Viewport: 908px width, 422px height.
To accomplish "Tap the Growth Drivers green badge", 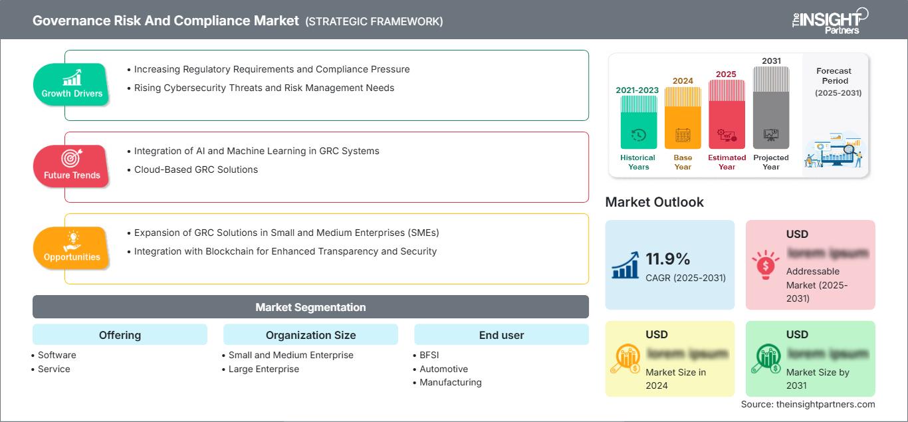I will pyautogui.click(x=72, y=85).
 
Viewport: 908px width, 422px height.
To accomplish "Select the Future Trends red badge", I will pyautogui.click(x=70, y=166).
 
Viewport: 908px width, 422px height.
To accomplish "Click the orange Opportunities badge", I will pyautogui.click(x=71, y=248).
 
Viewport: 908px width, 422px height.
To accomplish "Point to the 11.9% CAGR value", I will pyautogui.click(x=668, y=259).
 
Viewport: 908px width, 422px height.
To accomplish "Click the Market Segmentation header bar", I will pyautogui.click(x=310, y=307).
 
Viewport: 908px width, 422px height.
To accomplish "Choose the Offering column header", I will pyautogui.click(x=120, y=335).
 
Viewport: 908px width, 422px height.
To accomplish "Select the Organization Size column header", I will pyautogui.click(x=310, y=335).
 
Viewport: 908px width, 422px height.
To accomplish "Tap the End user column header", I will pyautogui.click(x=501, y=335).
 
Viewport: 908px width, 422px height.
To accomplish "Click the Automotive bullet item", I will pyautogui.click(x=443, y=369).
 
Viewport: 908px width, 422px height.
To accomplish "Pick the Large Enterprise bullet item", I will pyautogui.click(x=263, y=369).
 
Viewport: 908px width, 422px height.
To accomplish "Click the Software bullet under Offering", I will pyautogui.click(x=57, y=355).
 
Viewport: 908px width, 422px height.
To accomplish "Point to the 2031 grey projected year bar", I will pyautogui.click(x=771, y=110).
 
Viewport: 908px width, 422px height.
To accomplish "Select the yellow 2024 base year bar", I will pyautogui.click(x=683, y=120).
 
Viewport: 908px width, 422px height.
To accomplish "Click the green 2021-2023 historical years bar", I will pyautogui.click(x=638, y=123).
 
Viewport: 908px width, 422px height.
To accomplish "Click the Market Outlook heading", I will pyautogui.click(x=654, y=202).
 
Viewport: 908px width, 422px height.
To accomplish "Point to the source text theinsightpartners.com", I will pyautogui.click(x=808, y=404).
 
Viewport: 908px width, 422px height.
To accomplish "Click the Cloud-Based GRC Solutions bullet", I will pyautogui.click(x=195, y=169).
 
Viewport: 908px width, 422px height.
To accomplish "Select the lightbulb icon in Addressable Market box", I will pyautogui.click(x=765, y=264).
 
